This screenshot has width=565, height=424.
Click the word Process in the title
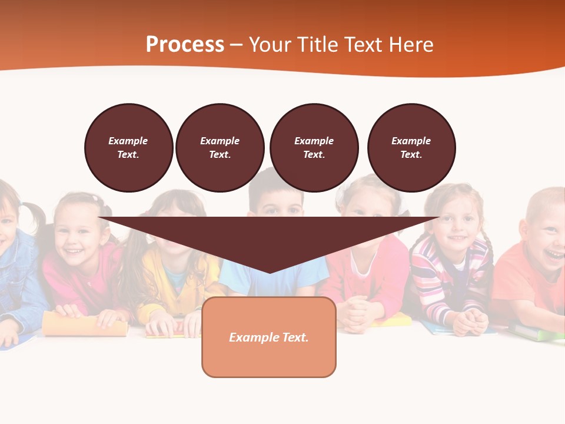coord(185,44)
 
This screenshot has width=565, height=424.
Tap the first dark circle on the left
coord(128,148)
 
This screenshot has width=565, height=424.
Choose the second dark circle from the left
coord(220,148)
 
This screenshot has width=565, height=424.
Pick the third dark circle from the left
coord(314,148)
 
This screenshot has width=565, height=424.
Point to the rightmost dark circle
coord(411,148)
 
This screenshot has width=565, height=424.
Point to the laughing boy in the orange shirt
coord(544,236)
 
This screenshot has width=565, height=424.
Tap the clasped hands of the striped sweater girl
coord(471,321)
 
